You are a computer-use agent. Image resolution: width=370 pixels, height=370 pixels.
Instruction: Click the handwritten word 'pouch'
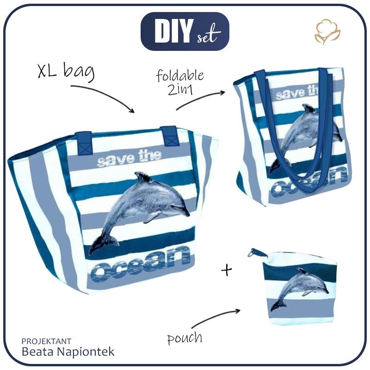point(185,338)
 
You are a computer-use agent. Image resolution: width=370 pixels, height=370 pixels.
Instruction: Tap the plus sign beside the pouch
point(227,270)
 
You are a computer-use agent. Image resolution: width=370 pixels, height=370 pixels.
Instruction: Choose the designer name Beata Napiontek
point(68,351)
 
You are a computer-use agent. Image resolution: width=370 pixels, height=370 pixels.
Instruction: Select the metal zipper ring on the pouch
point(253,253)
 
